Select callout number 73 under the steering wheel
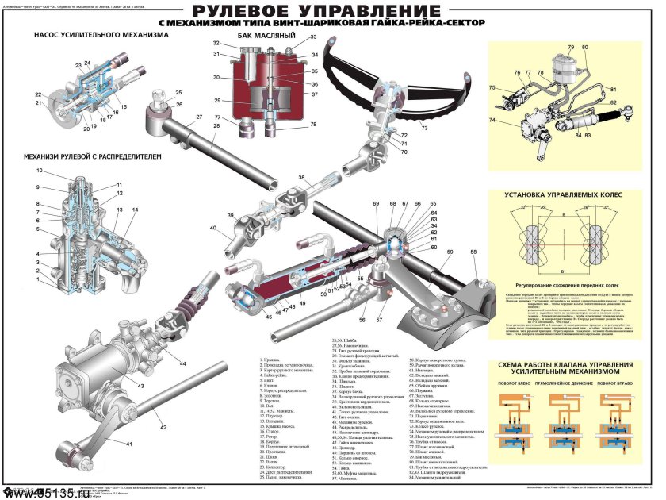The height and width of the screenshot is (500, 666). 424,127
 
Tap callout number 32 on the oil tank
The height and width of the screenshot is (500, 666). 216,42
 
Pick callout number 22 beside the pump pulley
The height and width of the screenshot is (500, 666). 38,93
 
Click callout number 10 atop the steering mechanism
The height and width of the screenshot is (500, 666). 38,171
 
